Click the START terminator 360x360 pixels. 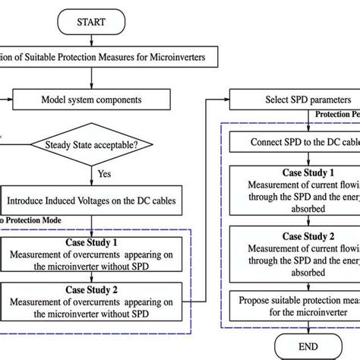point(91,23)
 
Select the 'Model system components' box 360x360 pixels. point(91,99)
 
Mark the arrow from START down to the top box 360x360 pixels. point(91,38)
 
